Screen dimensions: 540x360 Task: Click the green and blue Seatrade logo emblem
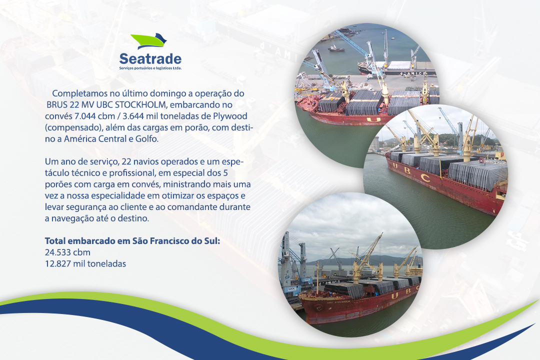pos(149,41)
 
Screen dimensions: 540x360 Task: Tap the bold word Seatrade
pos(150,58)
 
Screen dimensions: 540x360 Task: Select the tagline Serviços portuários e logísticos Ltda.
pos(150,68)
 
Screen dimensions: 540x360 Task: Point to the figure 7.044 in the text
pos(84,116)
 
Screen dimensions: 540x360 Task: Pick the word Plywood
pos(230,116)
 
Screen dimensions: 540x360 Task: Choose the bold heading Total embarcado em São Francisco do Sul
pos(132,241)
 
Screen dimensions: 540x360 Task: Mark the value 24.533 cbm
pos(67,252)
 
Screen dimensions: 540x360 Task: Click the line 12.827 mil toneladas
pos(85,264)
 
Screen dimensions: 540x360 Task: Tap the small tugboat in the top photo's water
pos(336,48)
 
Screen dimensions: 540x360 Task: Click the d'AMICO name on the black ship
pos(412,73)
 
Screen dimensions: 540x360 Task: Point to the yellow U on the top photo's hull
pos(373,119)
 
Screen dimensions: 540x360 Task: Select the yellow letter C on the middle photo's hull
pos(426,178)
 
